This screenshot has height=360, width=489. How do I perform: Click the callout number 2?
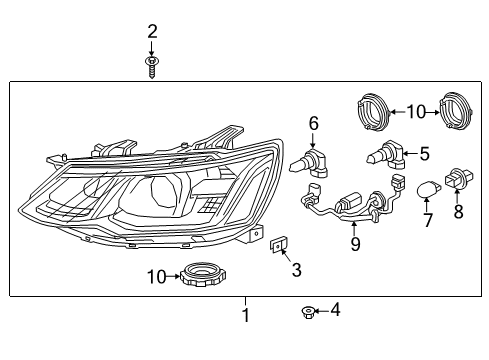[x=152, y=32]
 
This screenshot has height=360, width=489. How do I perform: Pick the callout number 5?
[x=424, y=154]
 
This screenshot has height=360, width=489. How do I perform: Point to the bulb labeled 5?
[x=388, y=156]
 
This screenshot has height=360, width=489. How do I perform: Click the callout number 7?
[x=426, y=219]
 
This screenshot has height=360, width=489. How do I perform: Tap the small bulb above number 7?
[x=427, y=188]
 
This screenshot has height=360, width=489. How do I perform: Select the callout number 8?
[x=460, y=211]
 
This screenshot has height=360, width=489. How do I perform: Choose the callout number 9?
[x=355, y=243]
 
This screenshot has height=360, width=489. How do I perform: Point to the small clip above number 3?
[x=281, y=245]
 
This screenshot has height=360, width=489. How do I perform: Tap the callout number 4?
[x=335, y=311]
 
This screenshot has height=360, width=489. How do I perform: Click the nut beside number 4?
[x=310, y=312]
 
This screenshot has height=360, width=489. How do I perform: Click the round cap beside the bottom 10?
[x=200, y=276]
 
